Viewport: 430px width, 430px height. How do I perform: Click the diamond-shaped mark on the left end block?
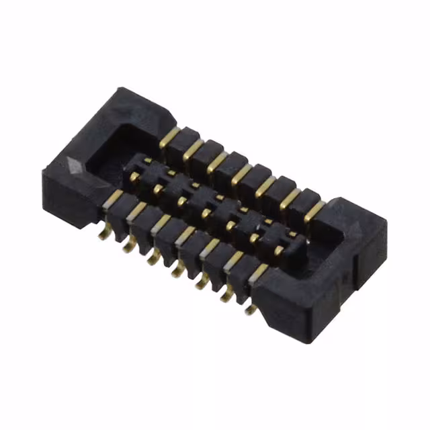(x=76, y=165)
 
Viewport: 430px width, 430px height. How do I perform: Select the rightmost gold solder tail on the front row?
(x=250, y=306)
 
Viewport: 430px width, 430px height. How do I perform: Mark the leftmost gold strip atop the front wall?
(x=115, y=196)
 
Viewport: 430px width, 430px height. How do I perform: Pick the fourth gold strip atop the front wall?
(x=186, y=233)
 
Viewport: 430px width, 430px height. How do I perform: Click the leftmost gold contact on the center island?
(x=134, y=177)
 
